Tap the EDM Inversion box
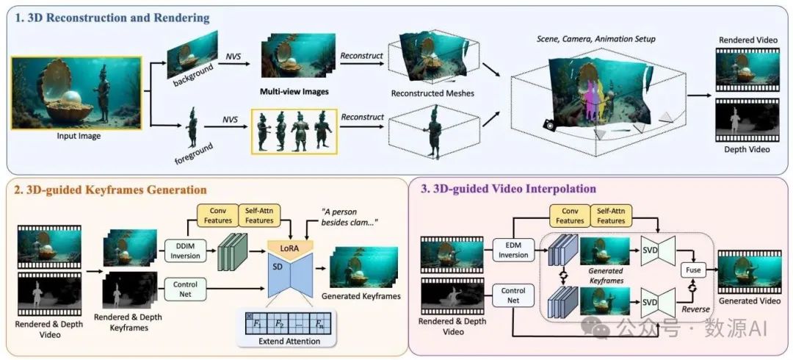tap(513, 250)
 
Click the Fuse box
tap(693, 270)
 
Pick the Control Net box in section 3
tap(513, 295)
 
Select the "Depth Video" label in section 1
tap(747, 149)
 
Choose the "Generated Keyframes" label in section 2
tap(361, 296)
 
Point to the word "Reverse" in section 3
tap(695, 309)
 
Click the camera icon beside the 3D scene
tap(548, 126)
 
